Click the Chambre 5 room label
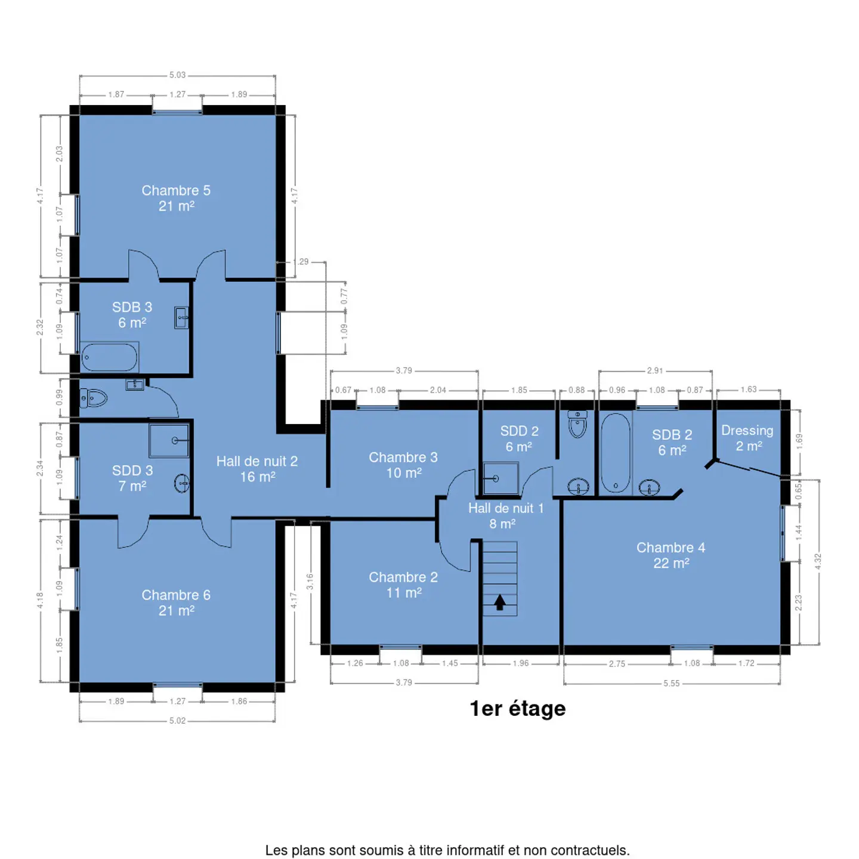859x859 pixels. point(176,198)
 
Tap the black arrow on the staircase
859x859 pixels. point(500,602)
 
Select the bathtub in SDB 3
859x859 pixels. point(110,357)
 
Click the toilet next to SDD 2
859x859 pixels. point(577,424)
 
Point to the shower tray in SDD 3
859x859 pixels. point(169,440)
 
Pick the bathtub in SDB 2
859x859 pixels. point(615,452)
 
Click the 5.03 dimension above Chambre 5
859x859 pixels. point(177,75)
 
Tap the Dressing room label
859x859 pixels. point(747,438)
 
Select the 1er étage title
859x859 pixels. point(518,709)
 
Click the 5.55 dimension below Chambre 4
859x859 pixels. point(671,684)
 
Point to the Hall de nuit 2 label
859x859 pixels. point(257,469)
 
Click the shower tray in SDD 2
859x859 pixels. point(501,478)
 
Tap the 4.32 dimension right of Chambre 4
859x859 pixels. point(817,561)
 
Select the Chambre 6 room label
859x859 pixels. point(176,602)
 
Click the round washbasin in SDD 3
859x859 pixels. point(182,483)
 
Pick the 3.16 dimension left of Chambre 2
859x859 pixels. point(310,582)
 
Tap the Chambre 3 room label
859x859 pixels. point(403,465)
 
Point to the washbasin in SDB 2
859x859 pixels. point(649,487)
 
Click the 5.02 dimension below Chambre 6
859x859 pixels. point(177,721)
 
